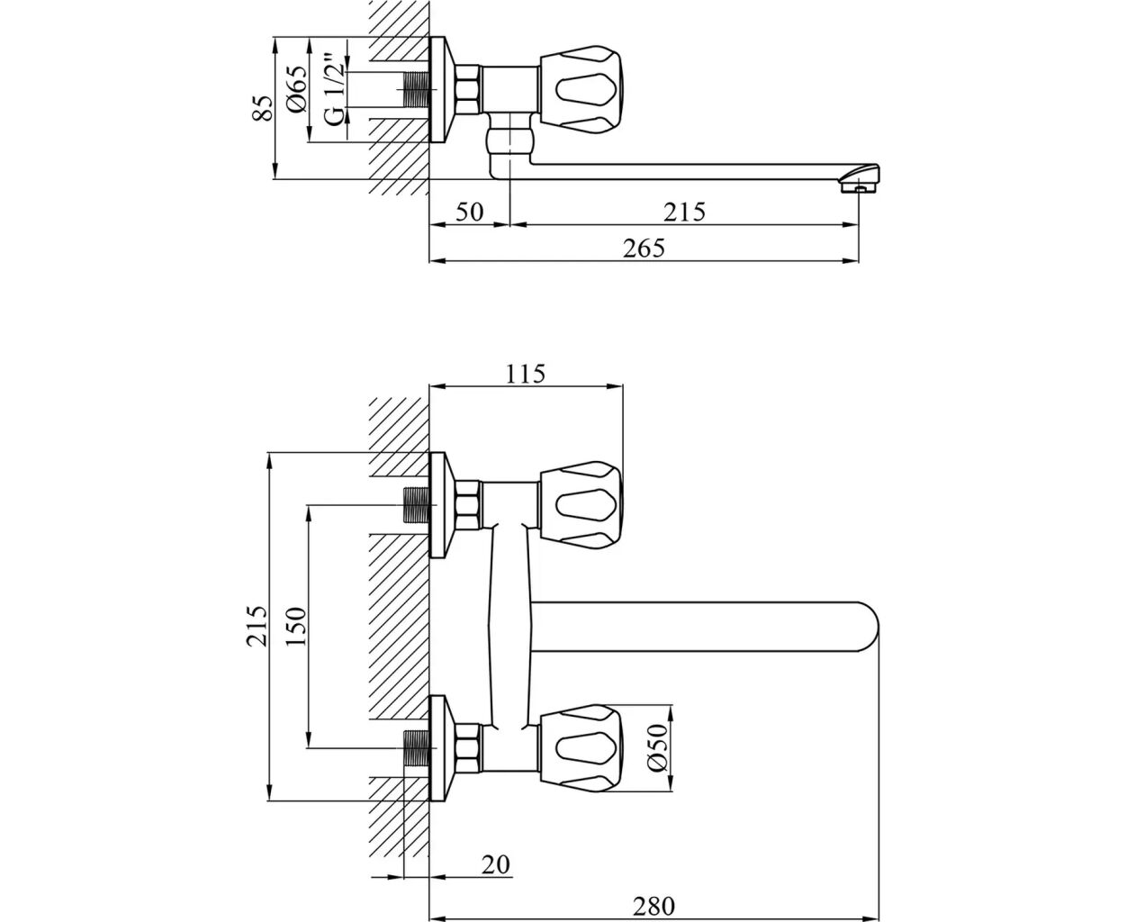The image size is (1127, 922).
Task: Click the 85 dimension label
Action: [262, 108]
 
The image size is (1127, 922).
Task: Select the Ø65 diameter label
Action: [298, 89]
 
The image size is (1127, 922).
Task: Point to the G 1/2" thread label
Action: [333, 90]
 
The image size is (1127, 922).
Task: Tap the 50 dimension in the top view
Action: [469, 212]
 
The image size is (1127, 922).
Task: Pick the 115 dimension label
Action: [526, 374]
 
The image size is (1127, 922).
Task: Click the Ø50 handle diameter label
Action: [658, 746]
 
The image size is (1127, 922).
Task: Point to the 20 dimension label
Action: [495, 864]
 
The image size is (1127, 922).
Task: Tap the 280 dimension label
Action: [654, 905]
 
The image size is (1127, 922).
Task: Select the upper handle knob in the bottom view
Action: [582, 504]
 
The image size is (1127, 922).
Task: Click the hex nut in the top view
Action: [468, 90]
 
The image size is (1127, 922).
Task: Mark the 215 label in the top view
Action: [684, 212]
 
